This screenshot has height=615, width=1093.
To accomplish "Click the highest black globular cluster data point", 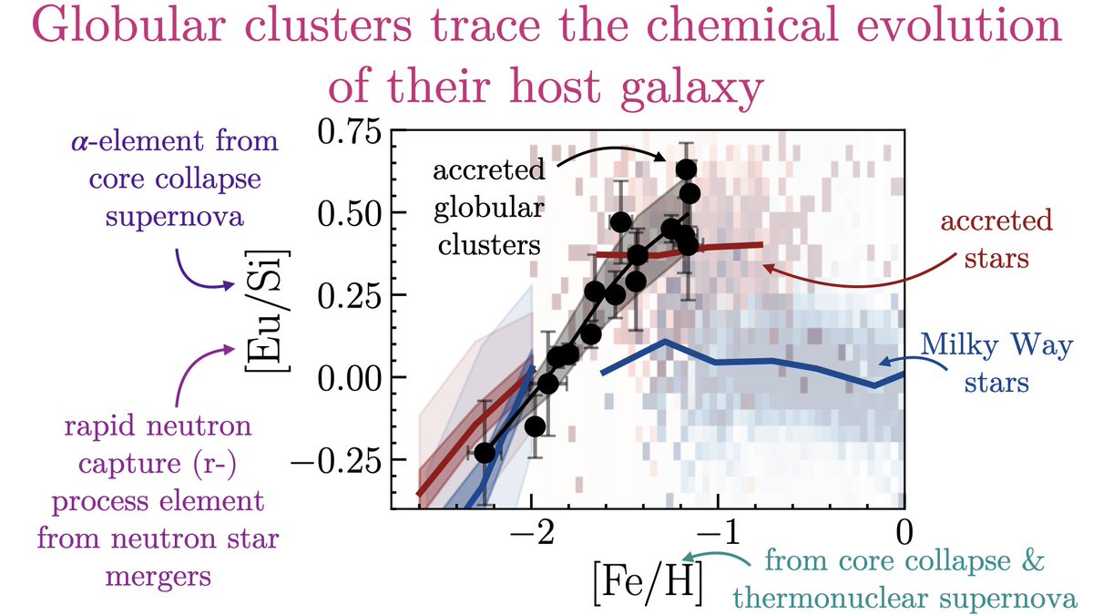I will point(686,169).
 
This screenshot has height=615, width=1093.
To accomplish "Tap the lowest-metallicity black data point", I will point(485,453).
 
